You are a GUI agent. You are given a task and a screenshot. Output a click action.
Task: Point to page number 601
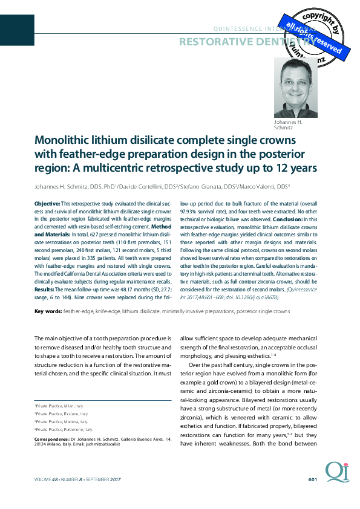[x=313, y=479]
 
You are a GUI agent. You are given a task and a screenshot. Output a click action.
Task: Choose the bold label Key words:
[x=48, y=311]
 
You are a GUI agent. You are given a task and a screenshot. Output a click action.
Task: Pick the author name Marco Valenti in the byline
[x=260, y=186]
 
